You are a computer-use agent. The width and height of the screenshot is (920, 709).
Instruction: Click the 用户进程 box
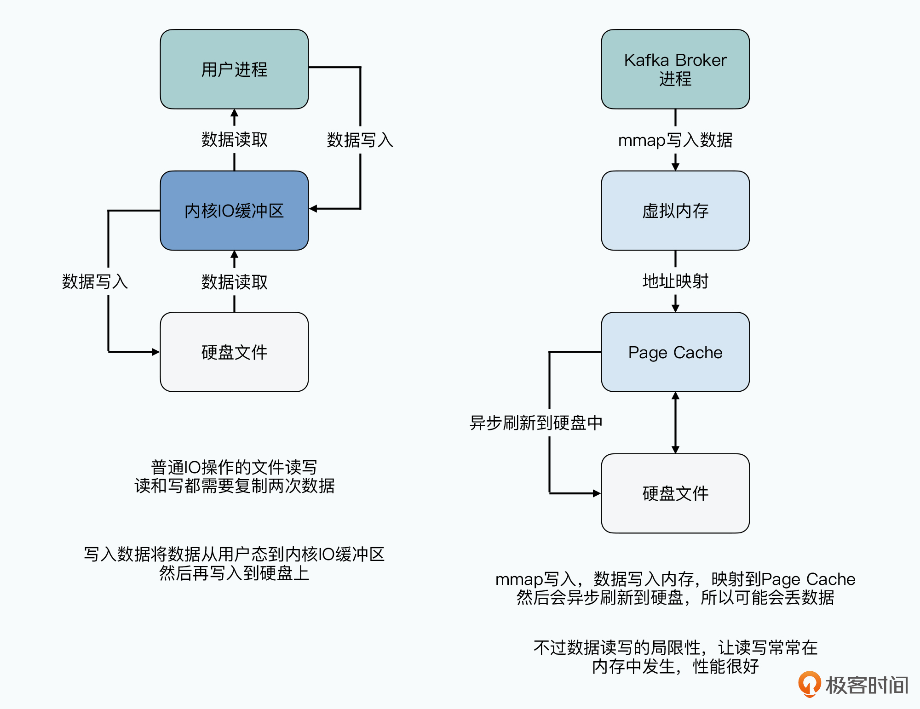tap(234, 69)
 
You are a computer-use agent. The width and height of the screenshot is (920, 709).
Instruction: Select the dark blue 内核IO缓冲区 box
tap(234, 211)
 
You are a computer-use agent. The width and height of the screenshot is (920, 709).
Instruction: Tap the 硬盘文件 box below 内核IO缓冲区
tap(234, 352)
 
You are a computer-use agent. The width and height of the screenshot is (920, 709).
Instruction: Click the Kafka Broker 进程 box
tap(675, 69)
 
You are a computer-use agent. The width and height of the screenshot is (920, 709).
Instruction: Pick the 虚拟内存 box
tap(675, 211)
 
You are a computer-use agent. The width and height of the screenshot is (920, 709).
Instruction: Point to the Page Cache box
tap(675, 352)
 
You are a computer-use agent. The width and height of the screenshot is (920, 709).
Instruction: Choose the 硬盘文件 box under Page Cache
tap(675, 493)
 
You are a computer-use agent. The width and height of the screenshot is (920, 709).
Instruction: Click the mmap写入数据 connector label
tap(675, 140)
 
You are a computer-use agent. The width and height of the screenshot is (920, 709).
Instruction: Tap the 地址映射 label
tap(675, 281)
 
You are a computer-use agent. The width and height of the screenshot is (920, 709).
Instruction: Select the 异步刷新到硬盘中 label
tap(536, 423)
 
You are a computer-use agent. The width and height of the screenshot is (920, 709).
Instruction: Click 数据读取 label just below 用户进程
tap(234, 139)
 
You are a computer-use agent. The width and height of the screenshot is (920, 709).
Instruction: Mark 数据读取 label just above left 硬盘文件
tap(234, 282)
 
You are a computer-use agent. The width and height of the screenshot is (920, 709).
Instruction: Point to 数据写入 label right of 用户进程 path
tap(360, 140)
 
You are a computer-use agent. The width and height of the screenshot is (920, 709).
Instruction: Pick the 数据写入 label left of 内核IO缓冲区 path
tap(95, 281)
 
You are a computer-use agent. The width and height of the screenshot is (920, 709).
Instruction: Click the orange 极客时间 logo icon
tap(810, 684)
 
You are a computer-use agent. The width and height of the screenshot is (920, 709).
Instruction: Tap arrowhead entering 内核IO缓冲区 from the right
tap(313, 209)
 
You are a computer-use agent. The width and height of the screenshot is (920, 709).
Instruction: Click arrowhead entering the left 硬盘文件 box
tap(155, 352)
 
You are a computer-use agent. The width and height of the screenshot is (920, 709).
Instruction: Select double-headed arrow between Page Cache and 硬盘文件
tap(675, 423)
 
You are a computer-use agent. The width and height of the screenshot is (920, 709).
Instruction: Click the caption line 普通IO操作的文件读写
tap(234, 467)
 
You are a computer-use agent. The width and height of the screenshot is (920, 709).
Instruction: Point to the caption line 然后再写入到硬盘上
tap(234, 573)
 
